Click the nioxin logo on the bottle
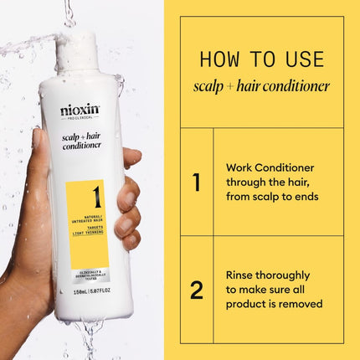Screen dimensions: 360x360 [x=79, y=111]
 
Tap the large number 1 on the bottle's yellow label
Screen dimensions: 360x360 [x=96, y=197]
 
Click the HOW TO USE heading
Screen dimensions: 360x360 [x=261, y=60]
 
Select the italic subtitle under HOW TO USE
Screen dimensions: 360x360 [x=261, y=85]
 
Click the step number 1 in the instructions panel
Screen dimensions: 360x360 [x=197, y=182]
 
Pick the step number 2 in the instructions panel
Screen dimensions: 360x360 [x=197, y=290]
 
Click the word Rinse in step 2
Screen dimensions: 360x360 [x=241, y=274]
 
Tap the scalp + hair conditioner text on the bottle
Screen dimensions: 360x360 [x=81, y=138]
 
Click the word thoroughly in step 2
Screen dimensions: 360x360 [x=289, y=274]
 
